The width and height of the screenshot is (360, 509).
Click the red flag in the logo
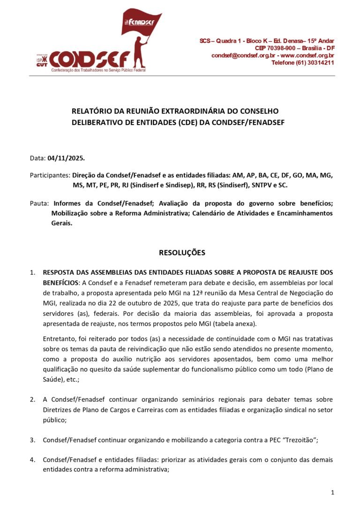pyautogui.click(x=141, y=23)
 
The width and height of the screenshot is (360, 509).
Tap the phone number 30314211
pyautogui.click(x=321, y=62)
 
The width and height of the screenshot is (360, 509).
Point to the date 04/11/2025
pyautogui.click(x=66, y=158)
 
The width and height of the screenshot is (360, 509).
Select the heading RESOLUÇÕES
pyautogui.click(x=182, y=253)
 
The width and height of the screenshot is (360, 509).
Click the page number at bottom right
pyautogui.click(x=332, y=492)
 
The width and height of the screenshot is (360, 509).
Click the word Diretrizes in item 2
pyautogui.click(x=57, y=409)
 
